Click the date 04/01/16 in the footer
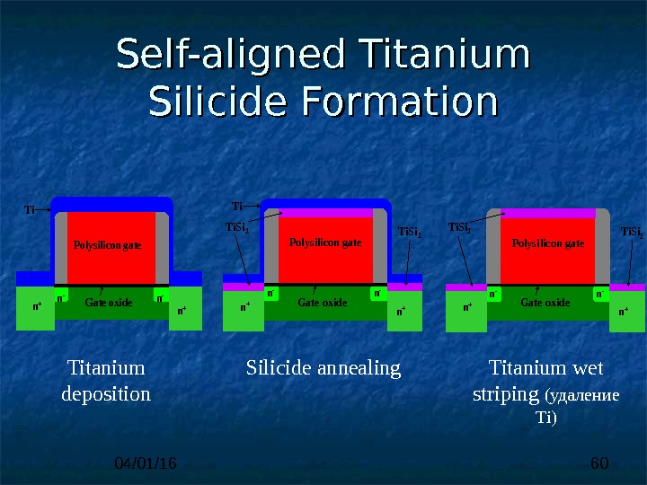[146, 463]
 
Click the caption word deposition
[106, 393]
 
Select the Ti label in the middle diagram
[238, 205]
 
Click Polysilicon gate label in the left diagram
[108, 244]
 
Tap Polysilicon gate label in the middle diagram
[325, 242]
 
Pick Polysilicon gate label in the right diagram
[548, 242]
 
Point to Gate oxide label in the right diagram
[545, 303]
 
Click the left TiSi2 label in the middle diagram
[236, 227]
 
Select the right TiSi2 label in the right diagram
[632, 233]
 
